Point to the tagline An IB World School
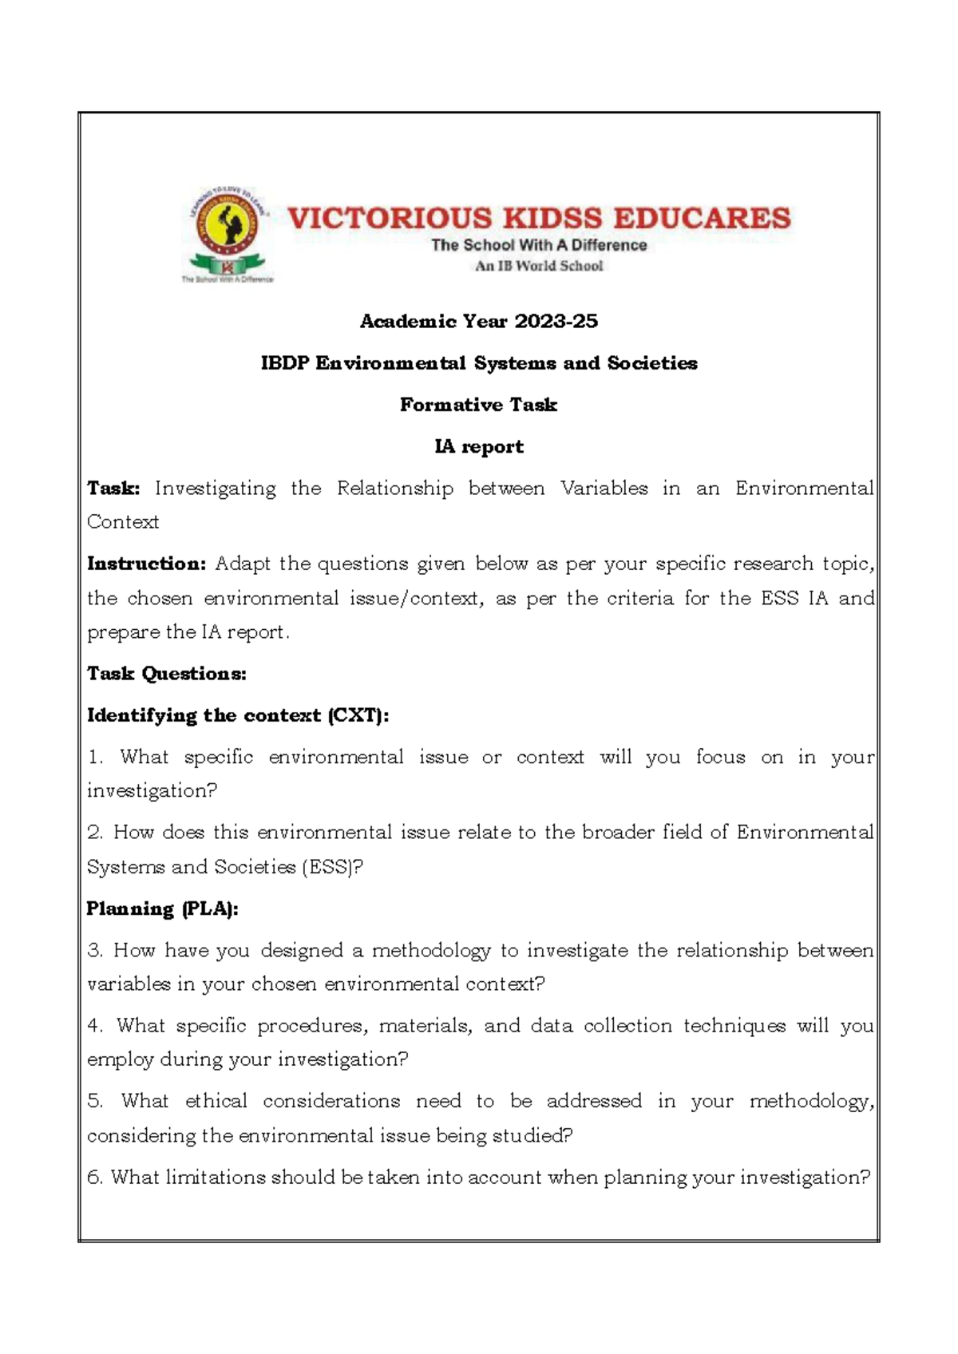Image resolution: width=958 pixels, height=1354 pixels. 539,266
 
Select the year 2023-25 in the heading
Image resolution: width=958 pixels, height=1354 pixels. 556,321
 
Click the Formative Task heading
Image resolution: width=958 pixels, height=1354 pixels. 478,405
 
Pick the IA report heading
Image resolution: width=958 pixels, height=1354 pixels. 478,446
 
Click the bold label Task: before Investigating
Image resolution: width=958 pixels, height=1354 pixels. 113,488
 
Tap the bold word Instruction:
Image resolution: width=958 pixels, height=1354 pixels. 147,564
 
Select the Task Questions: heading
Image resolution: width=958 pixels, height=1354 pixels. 167,673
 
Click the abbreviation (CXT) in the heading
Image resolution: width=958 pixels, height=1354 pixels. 358,715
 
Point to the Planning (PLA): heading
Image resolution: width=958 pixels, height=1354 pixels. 163,909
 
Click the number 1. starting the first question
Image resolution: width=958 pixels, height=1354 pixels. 96,757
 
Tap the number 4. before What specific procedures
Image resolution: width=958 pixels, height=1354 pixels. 96,1026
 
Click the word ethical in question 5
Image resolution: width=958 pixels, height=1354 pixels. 216,1101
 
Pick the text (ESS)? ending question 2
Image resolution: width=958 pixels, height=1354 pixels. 333,867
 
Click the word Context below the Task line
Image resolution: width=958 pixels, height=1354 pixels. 123,522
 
